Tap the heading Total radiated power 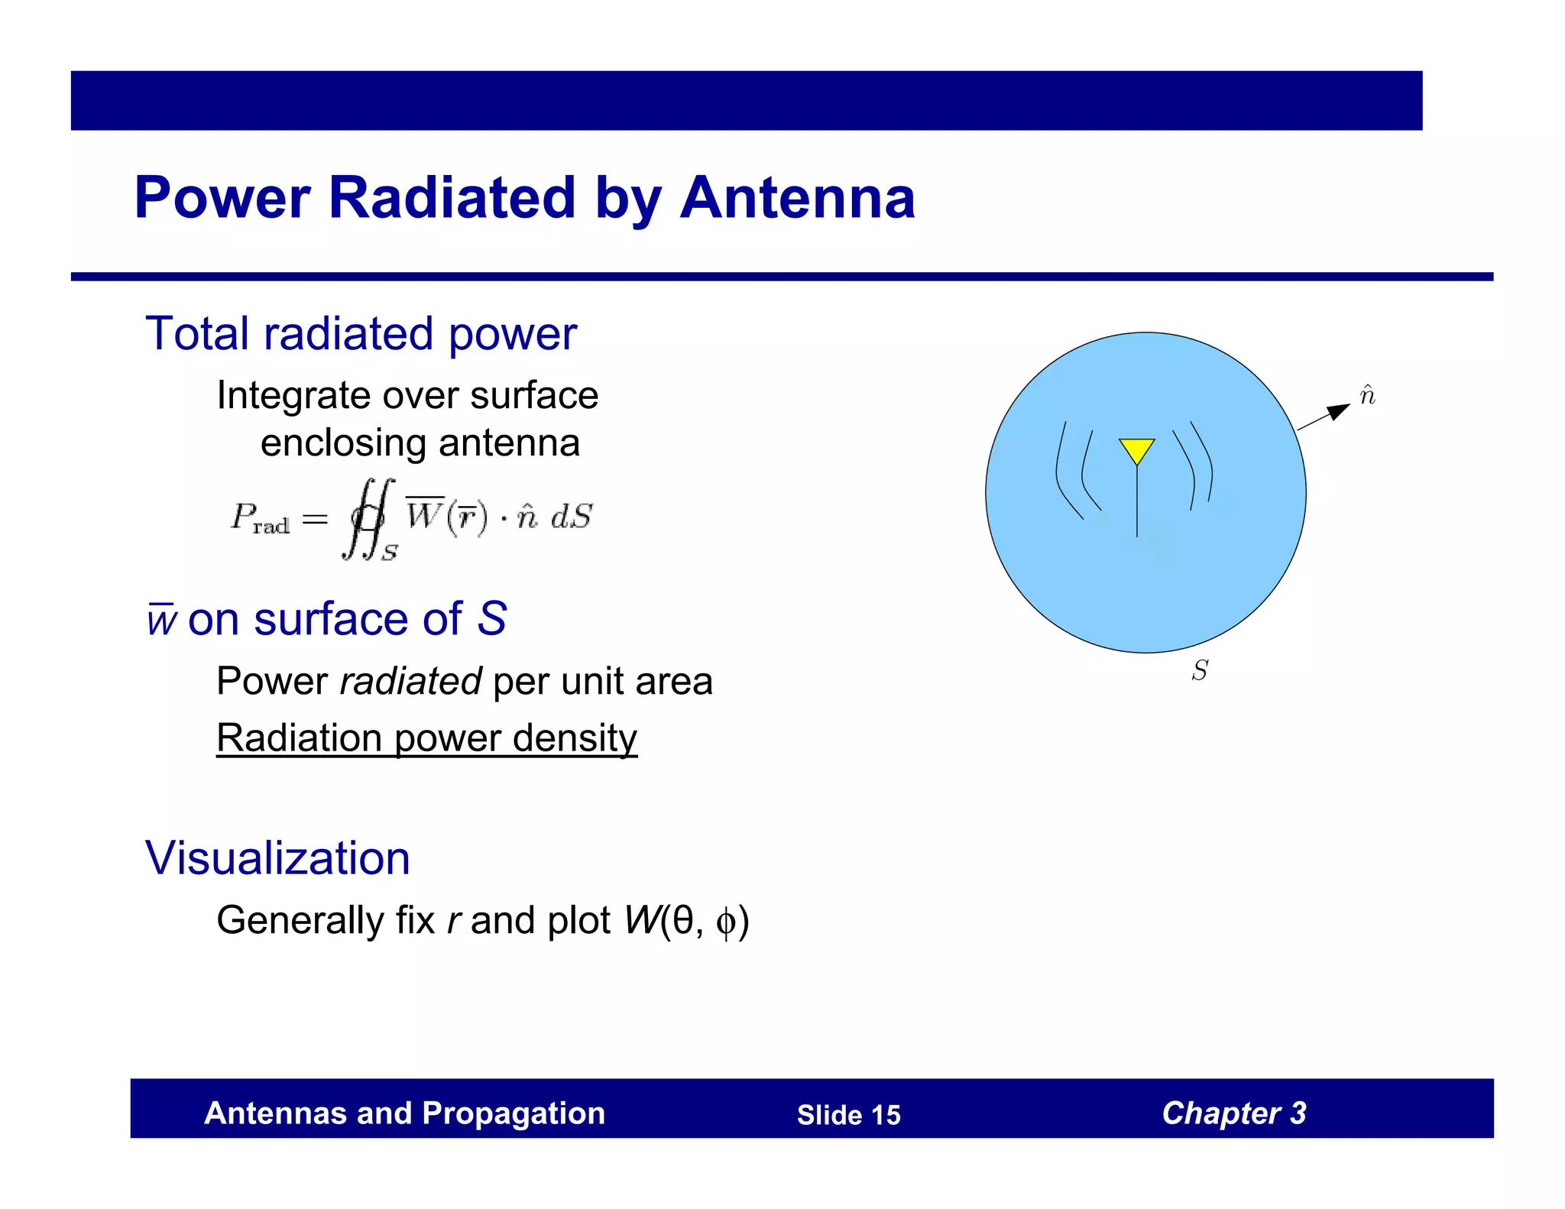(361, 334)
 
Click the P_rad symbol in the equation (260, 518)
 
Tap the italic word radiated (410, 681)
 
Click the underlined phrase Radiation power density (426, 738)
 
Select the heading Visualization (277, 857)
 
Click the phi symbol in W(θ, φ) (725, 922)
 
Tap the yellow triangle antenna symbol (1136, 449)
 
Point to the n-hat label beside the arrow (1368, 395)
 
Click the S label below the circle (1200, 670)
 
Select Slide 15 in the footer (848, 1115)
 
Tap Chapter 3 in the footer (1233, 1113)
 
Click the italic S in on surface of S (491, 618)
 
